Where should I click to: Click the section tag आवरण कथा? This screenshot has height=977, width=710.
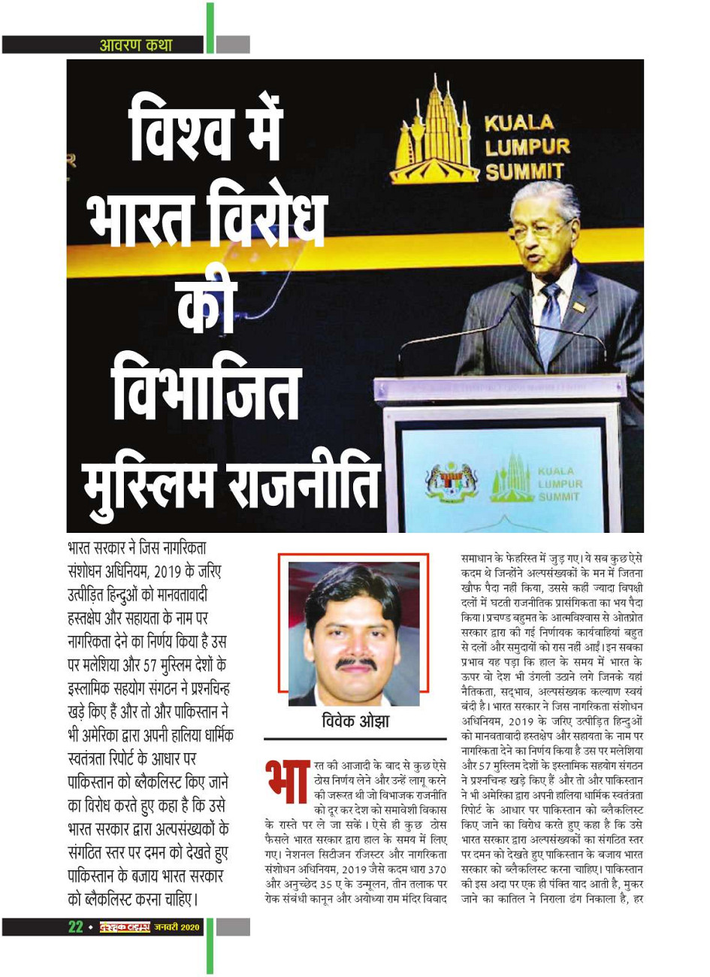tap(136, 45)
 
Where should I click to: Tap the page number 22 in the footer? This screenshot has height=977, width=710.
tap(76, 927)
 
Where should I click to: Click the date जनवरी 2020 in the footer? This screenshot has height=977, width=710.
tap(177, 927)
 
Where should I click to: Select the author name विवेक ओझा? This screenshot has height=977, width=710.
tap(355, 722)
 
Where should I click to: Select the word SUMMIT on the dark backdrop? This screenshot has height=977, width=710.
tap(524, 171)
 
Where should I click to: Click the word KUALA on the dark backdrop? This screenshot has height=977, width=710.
tap(518, 123)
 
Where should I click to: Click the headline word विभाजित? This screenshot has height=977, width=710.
tap(207, 392)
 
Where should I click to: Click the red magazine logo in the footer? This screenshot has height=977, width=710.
tap(125, 927)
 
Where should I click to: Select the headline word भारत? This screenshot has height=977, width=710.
tap(143, 219)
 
